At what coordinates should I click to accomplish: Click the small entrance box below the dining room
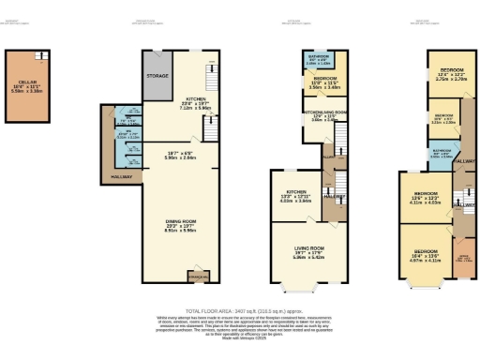[198, 276]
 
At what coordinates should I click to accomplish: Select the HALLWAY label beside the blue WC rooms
[120, 175]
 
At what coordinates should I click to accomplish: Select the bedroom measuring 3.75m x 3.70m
[445, 74]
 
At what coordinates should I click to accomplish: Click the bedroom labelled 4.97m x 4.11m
[426, 255]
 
